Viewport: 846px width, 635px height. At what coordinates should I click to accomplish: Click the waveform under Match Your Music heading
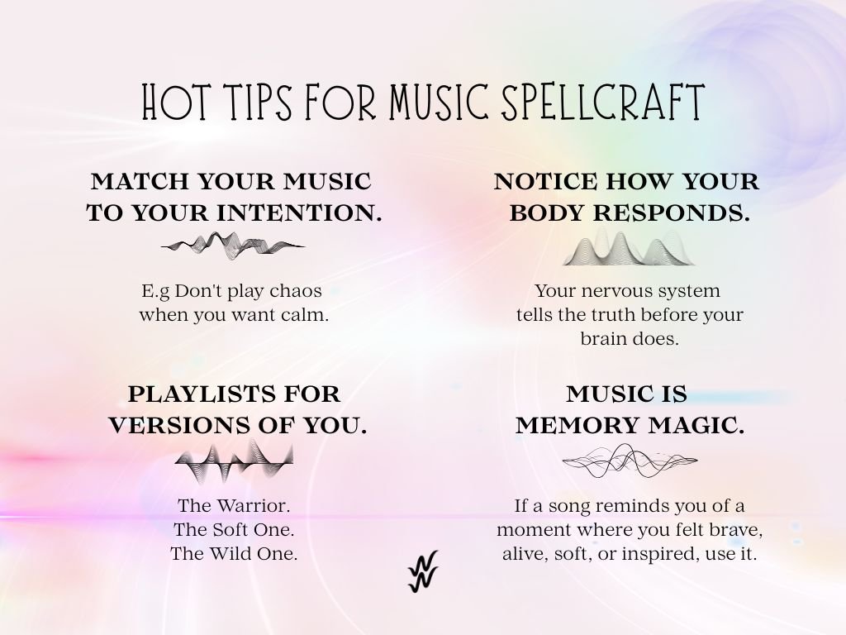point(233,244)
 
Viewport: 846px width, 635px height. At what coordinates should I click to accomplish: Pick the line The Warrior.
point(234,505)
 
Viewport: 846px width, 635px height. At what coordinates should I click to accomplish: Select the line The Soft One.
point(234,529)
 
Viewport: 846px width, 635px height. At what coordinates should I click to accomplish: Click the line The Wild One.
point(234,553)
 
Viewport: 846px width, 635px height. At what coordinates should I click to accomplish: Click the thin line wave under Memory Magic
point(630,461)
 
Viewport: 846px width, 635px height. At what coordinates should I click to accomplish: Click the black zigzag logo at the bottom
point(423,571)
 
